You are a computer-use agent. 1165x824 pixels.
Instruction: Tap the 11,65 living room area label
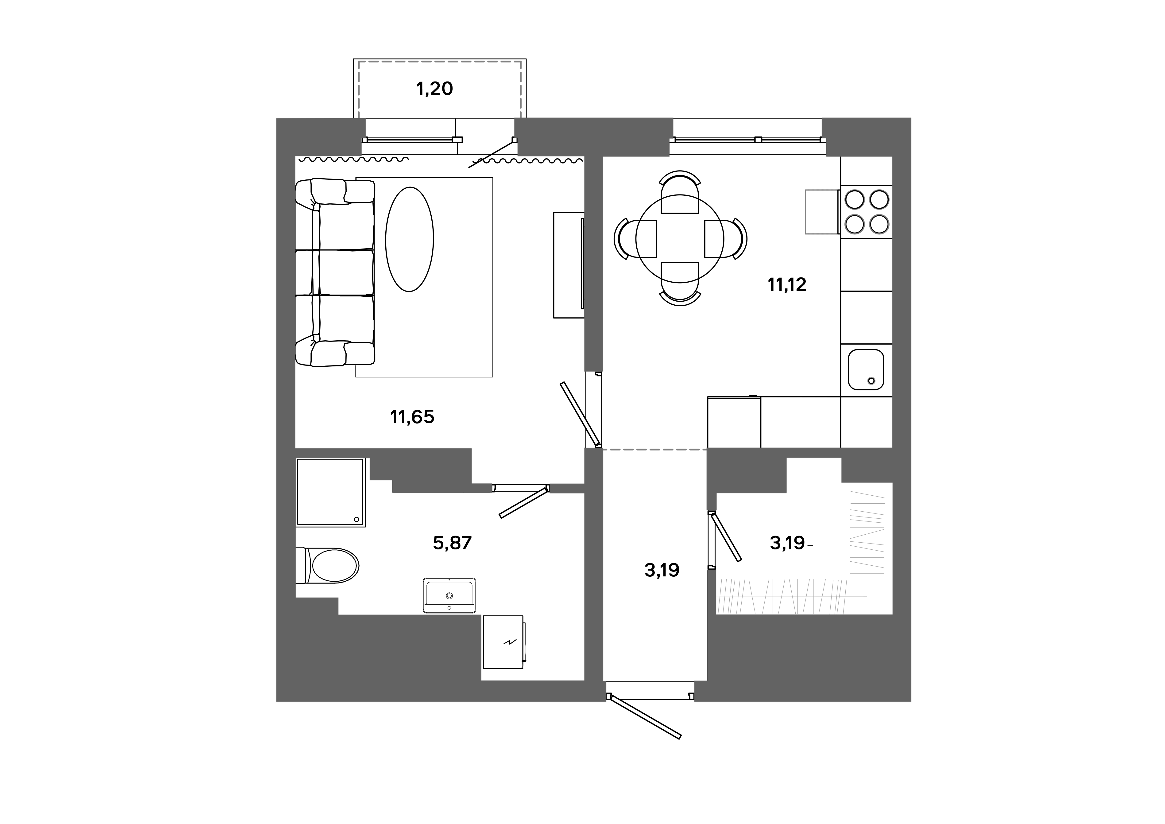[412, 417]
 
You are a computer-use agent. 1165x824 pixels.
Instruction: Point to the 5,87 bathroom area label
[452, 543]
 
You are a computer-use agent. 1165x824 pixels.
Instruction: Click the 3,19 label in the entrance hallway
[662, 570]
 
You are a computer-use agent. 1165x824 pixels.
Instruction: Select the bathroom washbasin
[449, 595]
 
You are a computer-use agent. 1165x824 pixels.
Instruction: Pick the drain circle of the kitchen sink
[872, 381]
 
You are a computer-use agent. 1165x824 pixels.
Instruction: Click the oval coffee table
[410, 240]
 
